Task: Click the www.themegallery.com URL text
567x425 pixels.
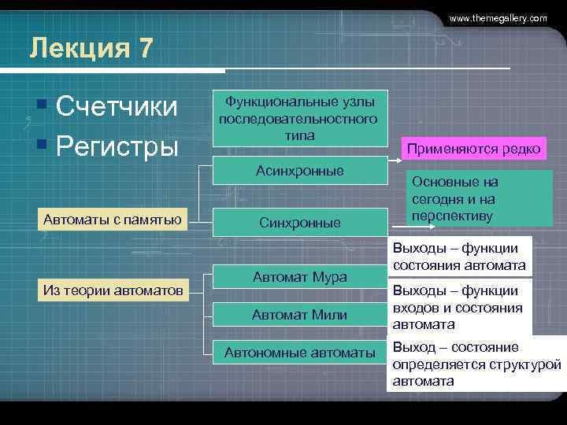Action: click(x=498, y=17)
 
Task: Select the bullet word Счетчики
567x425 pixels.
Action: click(x=117, y=107)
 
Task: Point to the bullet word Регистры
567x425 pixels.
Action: click(x=117, y=146)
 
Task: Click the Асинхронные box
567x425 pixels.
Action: click(x=299, y=171)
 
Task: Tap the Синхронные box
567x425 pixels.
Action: click(x=299, y=223)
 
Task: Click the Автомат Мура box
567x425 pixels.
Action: click(x=299, y=277)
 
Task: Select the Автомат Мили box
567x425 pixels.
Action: click(x=299, y=315)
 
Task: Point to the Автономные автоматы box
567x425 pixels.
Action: click(x=299, y=353)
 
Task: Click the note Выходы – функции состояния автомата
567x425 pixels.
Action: click(x=459, y=257)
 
